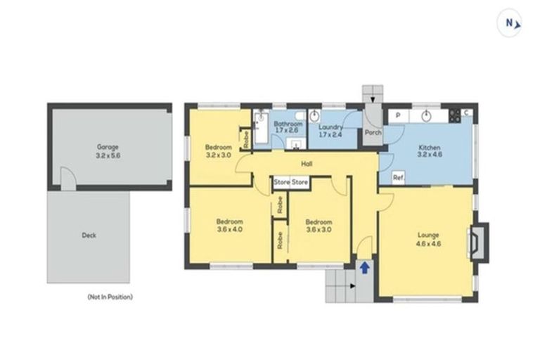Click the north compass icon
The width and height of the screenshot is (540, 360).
(x=511, y=22)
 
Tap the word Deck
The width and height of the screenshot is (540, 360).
(x=89, y=236)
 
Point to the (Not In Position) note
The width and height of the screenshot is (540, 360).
(x=110, y=297)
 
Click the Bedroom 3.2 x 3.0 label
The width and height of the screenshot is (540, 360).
(x=218, y=150)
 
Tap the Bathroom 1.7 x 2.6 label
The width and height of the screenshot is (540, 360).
(x=287, y=127)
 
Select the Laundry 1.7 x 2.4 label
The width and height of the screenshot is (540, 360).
(x=330, y=130)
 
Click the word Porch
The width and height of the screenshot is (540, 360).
(x=373, y=132)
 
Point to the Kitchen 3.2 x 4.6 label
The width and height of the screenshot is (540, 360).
(x=429, y=151)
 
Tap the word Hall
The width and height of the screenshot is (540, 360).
(x=307, y=164)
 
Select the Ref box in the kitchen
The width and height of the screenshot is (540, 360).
(x=397, y=178)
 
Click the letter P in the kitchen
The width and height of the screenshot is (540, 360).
(x=398, y=115)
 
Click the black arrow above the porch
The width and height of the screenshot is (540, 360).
(x=373, y=101)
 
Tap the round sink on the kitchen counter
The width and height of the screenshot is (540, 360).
(x=426, y=115)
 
